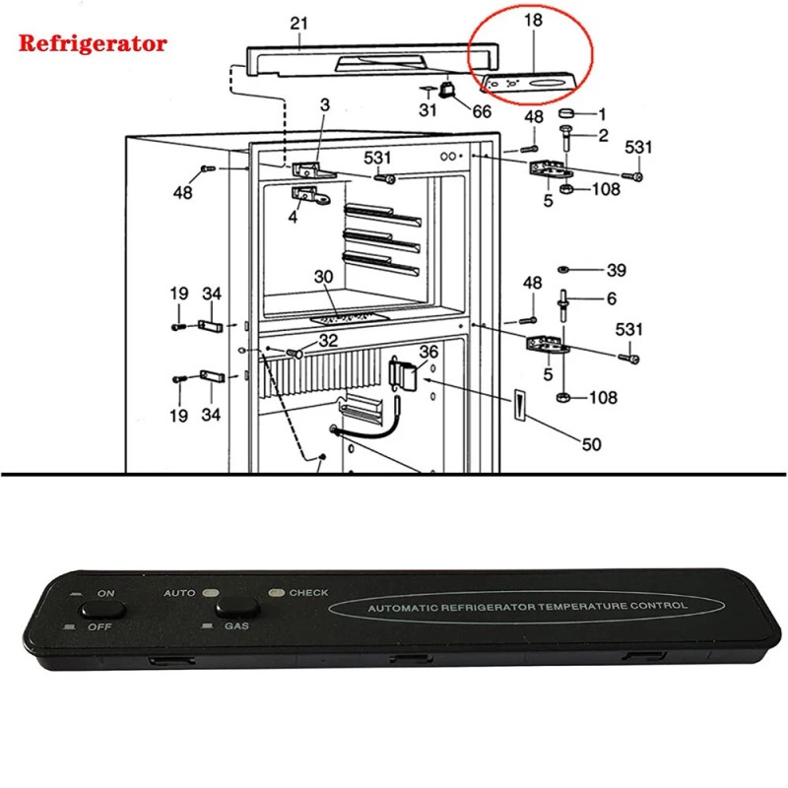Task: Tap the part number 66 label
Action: click(481, 111)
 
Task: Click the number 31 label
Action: click(427, 110)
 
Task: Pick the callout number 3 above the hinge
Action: click(325, 104)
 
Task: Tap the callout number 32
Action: click(328, 340)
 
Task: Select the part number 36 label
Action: click(428, 352)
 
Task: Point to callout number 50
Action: click(591, 444)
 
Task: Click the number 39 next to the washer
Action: click(616, 270)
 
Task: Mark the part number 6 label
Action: click(611, 298)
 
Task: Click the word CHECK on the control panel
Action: click(308, 593)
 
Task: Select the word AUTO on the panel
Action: click(179, 594)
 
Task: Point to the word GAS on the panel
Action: click(236, 626)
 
